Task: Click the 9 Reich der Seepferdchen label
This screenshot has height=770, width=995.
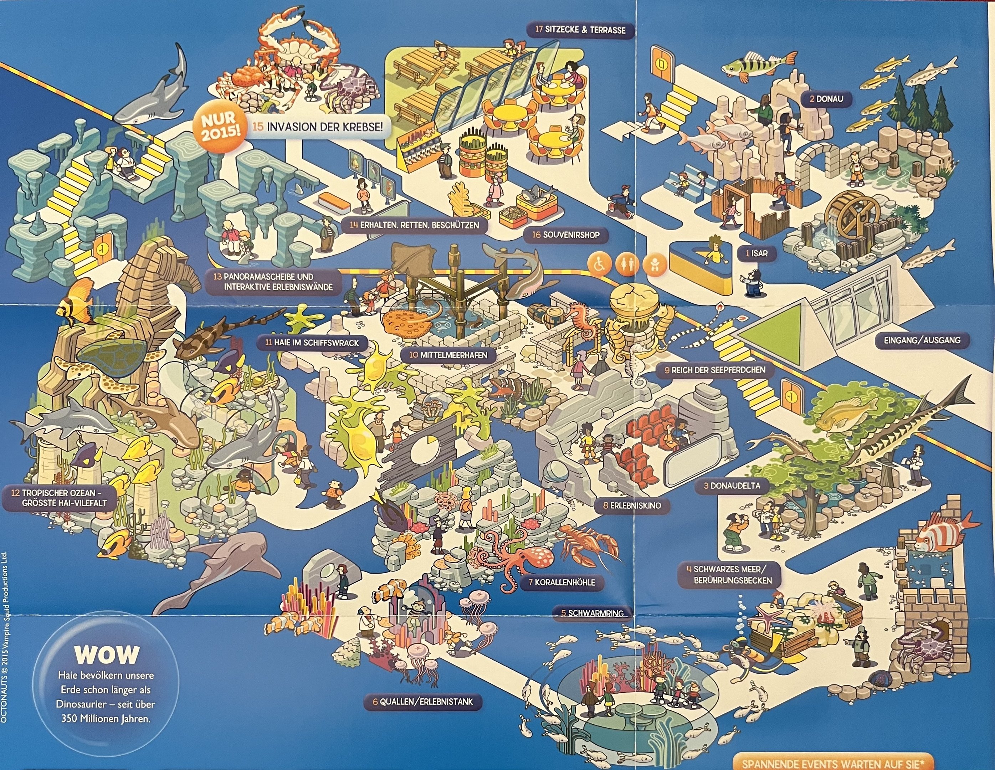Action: tap(715, 370)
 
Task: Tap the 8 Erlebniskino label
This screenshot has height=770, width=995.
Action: tap(631, 505)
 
